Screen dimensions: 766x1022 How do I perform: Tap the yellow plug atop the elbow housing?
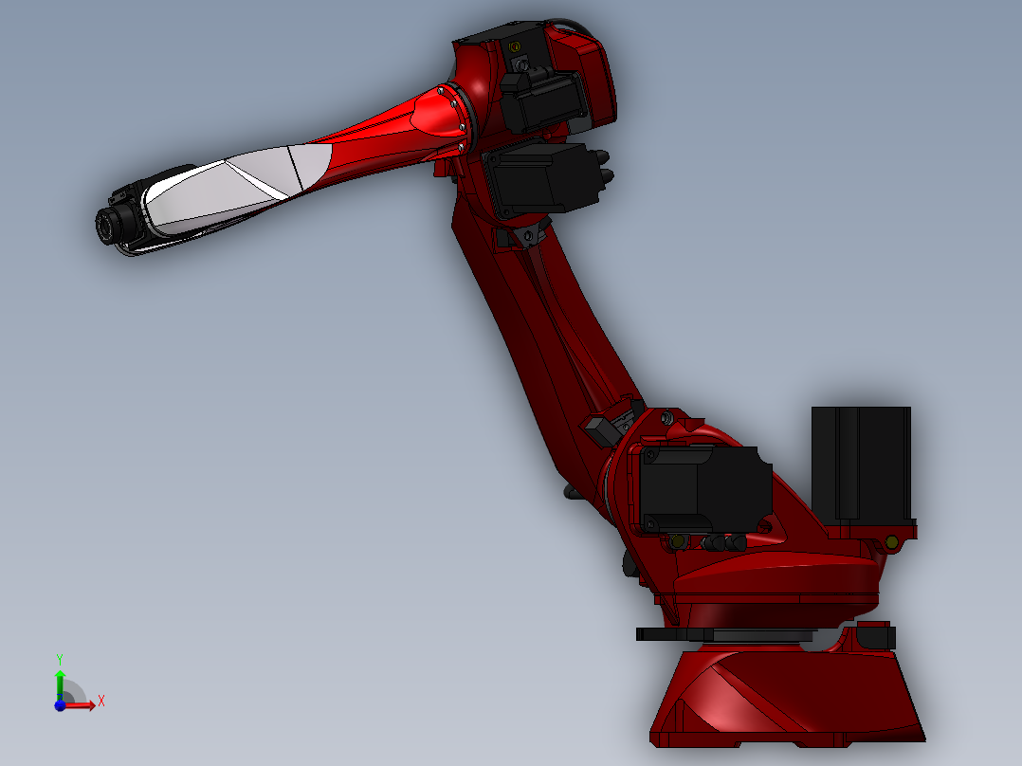pyautogui.click(x=516, y=46)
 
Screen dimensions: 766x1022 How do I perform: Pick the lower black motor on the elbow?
pyautogui.click(x=536, y=177)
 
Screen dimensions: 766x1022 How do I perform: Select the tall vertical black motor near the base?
pyautogui.click(x=861, y=463)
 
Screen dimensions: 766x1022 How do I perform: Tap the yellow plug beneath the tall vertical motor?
pyautogui.click(x=890, y=541)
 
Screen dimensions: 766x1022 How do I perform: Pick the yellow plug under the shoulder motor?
pyautogui.click(x=677, y=541)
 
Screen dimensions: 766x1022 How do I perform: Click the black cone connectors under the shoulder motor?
pyautogui.click(x=723, y=542)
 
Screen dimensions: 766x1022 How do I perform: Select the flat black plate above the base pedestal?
pyautogui.click(x=725, y=634)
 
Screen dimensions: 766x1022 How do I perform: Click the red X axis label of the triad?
pyautogui.click(x=100, y=701)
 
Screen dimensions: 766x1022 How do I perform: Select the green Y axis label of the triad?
pyautogui.click(x=59, y=658)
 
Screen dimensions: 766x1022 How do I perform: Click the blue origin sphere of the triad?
pyautogui.click(x=60, y=705)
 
